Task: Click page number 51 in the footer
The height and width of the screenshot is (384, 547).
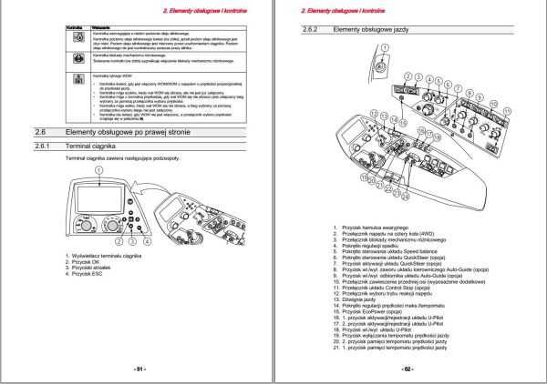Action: click(x=140, y=369)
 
